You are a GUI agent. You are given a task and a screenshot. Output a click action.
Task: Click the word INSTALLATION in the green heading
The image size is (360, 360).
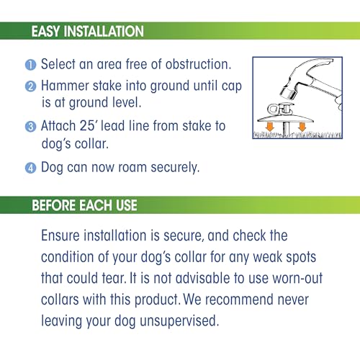(x=104, y=31)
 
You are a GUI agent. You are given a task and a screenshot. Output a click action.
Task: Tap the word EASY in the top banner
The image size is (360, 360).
(x=45, y=31)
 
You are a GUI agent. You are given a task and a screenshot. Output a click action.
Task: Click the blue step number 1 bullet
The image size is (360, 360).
(x=30, y=65)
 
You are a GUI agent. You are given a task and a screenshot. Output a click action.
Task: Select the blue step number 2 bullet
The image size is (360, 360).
(x=30, y=86)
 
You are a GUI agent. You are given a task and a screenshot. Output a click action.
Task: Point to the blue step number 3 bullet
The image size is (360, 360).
(x=30, y=127)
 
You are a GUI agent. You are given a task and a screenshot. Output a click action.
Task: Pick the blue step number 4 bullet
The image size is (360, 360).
(x=30, y=168)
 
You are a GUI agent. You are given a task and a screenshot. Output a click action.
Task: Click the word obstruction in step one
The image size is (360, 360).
(x=198, y=64)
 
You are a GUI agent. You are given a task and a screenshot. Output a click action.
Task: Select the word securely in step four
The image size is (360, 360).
(x=175, y=168)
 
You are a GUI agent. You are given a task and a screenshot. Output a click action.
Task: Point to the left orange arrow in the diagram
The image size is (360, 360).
(x=270, y=127)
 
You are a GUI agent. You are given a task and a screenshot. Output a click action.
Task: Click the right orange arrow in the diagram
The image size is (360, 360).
(x=302, y=127)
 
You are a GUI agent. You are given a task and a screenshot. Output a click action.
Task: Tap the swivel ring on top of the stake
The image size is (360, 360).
(x=273, y=109)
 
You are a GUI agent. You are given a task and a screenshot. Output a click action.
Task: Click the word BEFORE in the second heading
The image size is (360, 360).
(x=53, y=205)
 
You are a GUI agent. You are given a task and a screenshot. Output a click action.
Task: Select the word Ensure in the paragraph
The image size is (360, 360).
(x=60, y=235)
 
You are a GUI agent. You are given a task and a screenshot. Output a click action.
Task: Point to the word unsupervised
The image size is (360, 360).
(x=179, y=321)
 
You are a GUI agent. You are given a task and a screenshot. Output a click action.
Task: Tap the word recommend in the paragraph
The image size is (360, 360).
(x=239, y=300)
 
